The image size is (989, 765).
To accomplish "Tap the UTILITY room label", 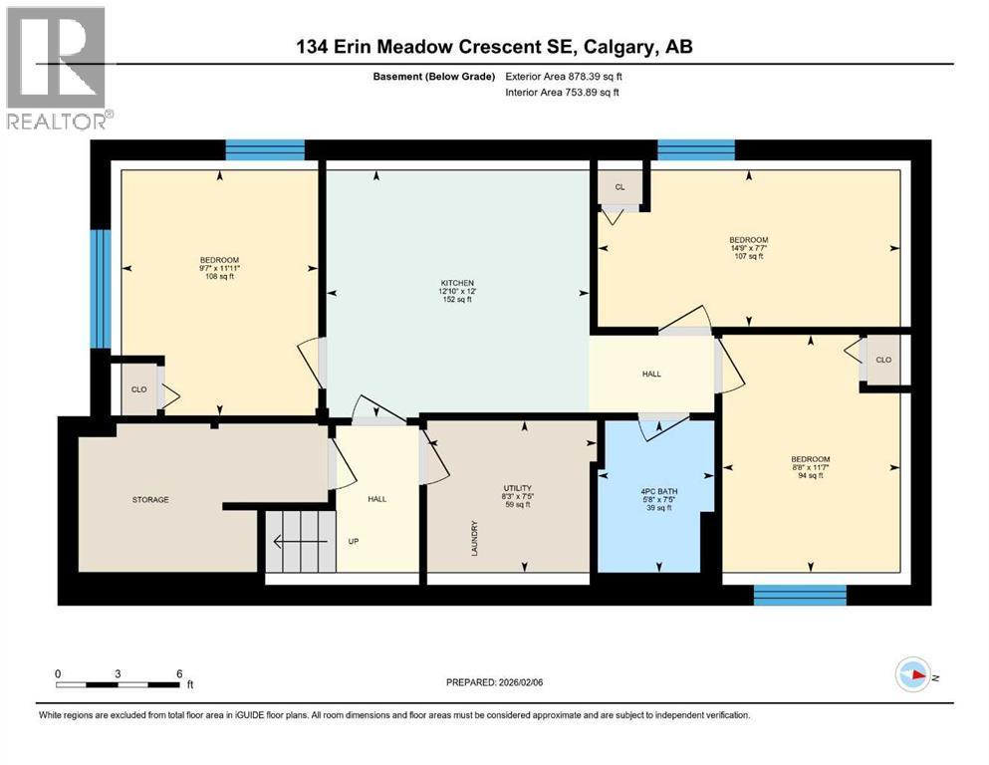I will coord(516,488).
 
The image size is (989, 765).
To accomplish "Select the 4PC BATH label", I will coord(656,490).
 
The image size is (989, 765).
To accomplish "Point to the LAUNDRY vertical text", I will coord(476,538).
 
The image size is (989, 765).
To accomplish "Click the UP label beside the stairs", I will coord(353,542).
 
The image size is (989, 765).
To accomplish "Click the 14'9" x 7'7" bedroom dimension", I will coord(748,248).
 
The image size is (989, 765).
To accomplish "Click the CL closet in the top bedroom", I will coord(619,186).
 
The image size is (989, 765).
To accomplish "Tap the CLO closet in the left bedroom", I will coord(138,389).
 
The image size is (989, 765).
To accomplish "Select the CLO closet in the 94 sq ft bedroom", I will coord(882,360).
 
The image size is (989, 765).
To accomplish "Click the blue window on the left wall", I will coord(100,289).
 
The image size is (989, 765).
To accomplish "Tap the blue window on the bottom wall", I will coord(800,595).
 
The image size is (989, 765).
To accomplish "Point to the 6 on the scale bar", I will coord(178,673).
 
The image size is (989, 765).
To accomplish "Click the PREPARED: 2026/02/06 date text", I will coord(495,682).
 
